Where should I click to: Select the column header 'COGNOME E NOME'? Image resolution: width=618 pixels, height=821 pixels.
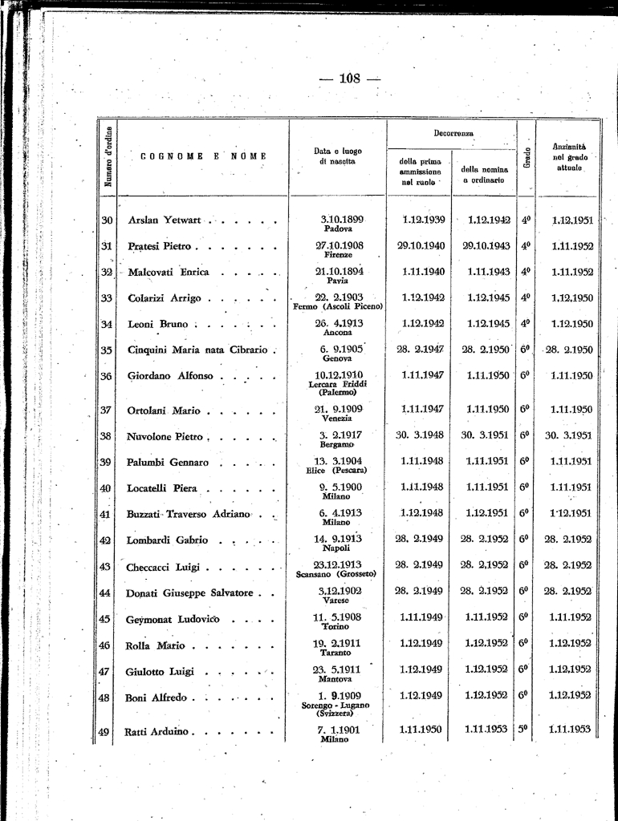tap(197, 156)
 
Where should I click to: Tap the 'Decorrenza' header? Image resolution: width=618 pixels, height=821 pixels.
tap(453, 132)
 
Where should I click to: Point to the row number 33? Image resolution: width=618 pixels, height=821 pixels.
tap(105, 298)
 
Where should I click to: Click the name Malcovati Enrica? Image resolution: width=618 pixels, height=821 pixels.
tap(169, 272)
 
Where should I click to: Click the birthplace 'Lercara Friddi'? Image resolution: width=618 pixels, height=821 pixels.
tap(338, 384)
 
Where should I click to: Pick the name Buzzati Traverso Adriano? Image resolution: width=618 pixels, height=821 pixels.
tap(189, 514)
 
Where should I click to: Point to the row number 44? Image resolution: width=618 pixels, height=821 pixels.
tap(105, 592)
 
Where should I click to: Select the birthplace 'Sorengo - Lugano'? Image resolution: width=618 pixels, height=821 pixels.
tap(335, 705)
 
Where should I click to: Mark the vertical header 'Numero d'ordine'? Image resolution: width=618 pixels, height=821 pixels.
tap(108, 156)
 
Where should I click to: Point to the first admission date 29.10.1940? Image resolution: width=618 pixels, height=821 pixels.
tap(421, 245)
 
